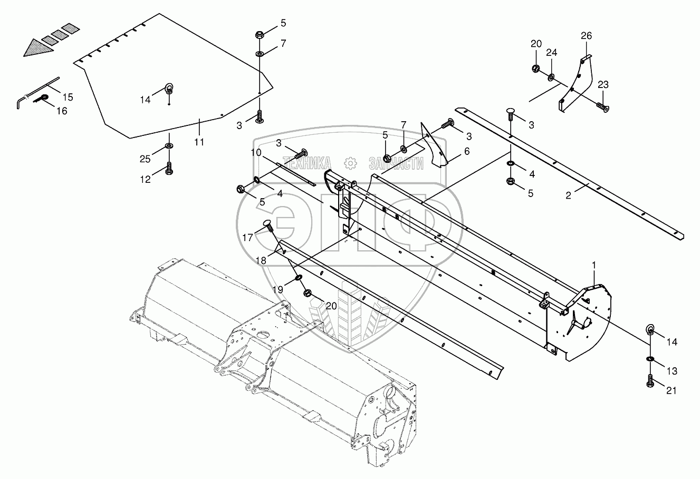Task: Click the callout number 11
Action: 199,142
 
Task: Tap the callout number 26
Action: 587,36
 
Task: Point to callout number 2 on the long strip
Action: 569,195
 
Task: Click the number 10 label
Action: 256,152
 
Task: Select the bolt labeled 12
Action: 169,168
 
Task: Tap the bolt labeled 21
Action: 649,382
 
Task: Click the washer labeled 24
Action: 551,78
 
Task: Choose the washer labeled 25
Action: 169,145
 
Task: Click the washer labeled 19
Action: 299,277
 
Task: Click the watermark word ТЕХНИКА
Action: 307,163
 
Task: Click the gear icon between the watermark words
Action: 349,162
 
